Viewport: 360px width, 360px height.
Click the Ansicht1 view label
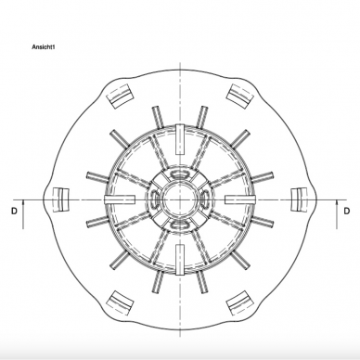tap(44, 47)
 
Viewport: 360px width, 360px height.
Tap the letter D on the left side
tap(14, 212)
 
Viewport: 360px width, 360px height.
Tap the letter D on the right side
tap(347, 211)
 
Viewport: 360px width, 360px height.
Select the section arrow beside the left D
tap(23, 214)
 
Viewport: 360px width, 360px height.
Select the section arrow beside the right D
tap(337, 214)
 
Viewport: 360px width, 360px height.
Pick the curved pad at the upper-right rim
tap(240, 96)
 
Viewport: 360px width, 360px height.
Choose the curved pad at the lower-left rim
tap(120, 302)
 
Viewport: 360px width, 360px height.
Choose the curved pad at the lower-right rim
tap(240, 302)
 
